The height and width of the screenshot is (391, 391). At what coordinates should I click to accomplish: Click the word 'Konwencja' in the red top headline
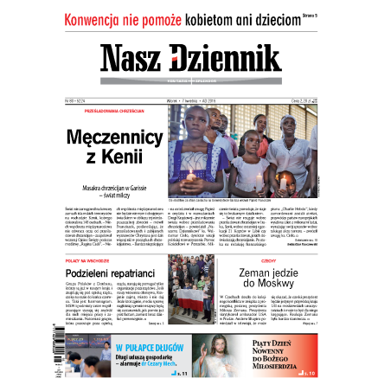coord(100,18)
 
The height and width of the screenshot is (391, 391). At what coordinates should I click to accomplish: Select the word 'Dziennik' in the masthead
coord(233,58)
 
